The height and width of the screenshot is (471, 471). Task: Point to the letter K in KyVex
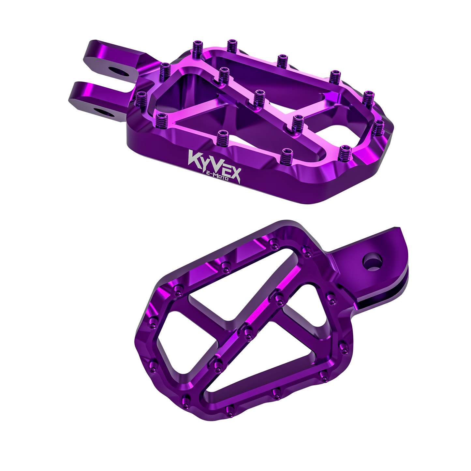click(x=194, y=157)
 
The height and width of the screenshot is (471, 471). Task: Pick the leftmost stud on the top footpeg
click(x=141, y=98)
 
